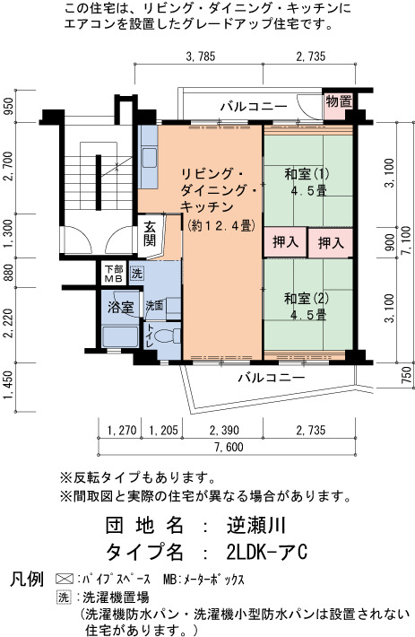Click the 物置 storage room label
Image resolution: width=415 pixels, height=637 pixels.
pos(339,101)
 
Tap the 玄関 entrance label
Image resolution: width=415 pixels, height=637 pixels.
pos(150,233)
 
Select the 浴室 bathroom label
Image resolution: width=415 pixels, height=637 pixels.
pos(120,307)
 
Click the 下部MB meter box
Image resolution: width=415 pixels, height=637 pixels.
pos(113,274)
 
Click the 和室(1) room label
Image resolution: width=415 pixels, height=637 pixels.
pos(307,174)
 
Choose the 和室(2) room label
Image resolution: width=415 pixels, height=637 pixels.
pos(307,299)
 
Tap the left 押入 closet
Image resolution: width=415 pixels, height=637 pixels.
pos(285,242)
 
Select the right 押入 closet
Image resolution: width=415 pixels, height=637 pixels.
pos(331,243)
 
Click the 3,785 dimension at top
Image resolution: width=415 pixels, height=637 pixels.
pos(201,57)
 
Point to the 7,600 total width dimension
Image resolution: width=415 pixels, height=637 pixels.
pos(229,448)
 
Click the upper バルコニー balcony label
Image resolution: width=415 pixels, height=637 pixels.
pos(254,107)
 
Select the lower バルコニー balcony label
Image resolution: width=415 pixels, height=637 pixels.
pos(272,378)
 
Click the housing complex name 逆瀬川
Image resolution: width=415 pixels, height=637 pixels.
pos(256,526)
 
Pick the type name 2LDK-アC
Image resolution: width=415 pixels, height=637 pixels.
pos(267,552)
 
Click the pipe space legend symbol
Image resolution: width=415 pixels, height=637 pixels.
pos(65,579)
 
